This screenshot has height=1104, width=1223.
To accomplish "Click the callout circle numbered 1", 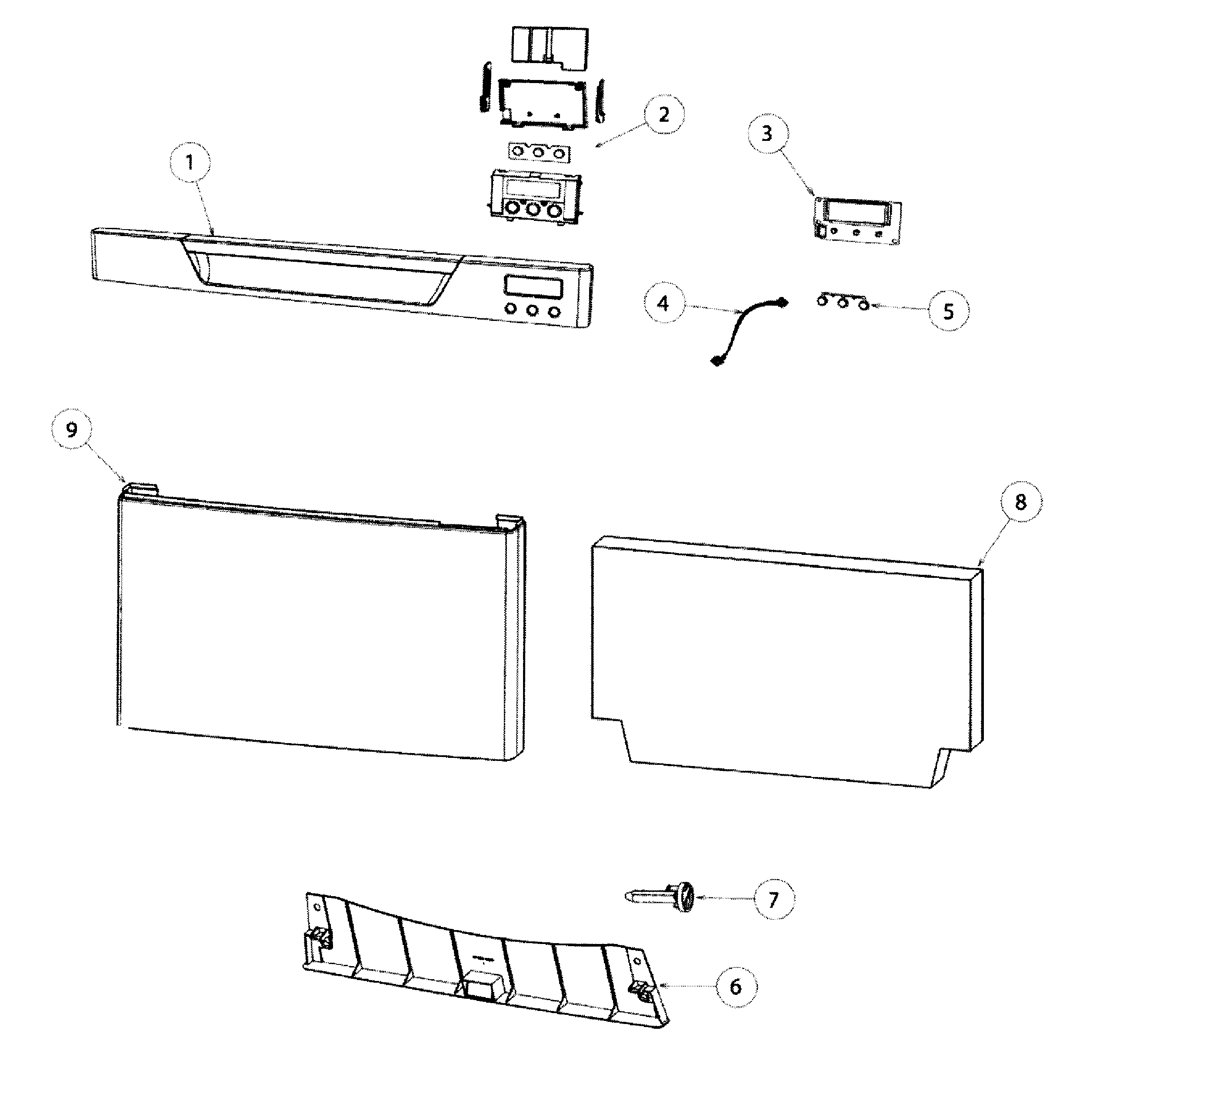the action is (190, 163).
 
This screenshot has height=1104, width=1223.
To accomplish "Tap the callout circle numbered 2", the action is (663, 114).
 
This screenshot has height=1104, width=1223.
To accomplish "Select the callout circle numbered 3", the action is (767, 133).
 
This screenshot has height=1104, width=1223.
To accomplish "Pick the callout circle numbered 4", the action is (663, 303).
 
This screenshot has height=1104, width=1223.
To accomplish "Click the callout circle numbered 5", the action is (949, 311).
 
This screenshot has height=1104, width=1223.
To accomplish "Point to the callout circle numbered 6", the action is (736, 987).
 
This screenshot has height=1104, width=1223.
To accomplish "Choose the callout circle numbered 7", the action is (773, 900).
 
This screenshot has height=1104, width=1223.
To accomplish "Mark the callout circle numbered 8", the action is (1021, 502).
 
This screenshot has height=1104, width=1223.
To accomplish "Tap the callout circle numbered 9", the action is (72, 430).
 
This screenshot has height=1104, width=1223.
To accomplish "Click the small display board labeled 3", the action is (857, 222).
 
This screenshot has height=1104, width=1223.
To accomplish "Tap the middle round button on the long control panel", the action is (533, 310).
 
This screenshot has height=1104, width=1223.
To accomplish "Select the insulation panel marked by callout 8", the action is (787, 661).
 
